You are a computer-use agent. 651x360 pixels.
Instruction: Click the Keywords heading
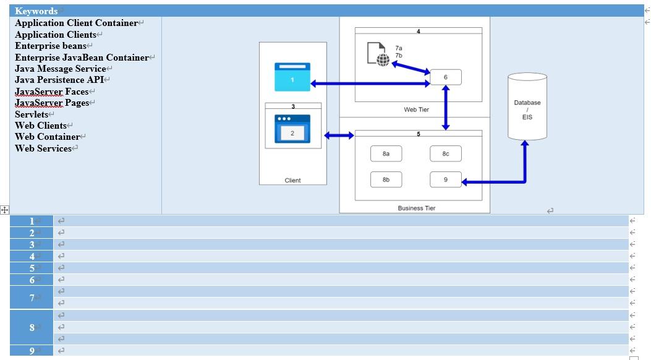click(36, 11)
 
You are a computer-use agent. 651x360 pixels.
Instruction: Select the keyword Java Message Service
click(60, 69)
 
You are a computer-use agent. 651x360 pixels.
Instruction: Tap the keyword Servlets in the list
click(32, 114)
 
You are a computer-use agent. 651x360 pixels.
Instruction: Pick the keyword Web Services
click(43, 148)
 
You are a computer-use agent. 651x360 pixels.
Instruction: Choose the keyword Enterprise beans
click(51, 46)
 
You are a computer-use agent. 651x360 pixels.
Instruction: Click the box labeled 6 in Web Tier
click(445, 77)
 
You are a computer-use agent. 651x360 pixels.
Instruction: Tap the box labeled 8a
click(386, 153)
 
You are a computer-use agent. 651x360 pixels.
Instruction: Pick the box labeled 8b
click(386, 179)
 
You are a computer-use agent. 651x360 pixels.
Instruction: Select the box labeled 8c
click(445, 153)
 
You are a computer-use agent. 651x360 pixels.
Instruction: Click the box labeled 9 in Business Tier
click(445, 179)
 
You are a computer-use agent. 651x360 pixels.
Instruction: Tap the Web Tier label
click(416, 109)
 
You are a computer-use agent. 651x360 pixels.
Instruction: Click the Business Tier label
click(416, 208)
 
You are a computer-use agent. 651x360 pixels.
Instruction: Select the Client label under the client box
click(292, 181)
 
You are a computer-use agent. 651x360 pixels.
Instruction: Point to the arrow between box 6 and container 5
click(446, 108)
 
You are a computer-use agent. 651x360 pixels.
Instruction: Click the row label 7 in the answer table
click(32, 298)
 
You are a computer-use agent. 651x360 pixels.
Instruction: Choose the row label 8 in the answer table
click(32, 327)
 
